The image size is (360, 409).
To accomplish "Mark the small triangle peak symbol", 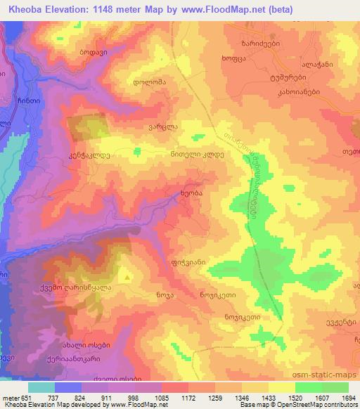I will [x=127, y=278].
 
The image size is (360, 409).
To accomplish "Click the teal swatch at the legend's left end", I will [x=41, y=387].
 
